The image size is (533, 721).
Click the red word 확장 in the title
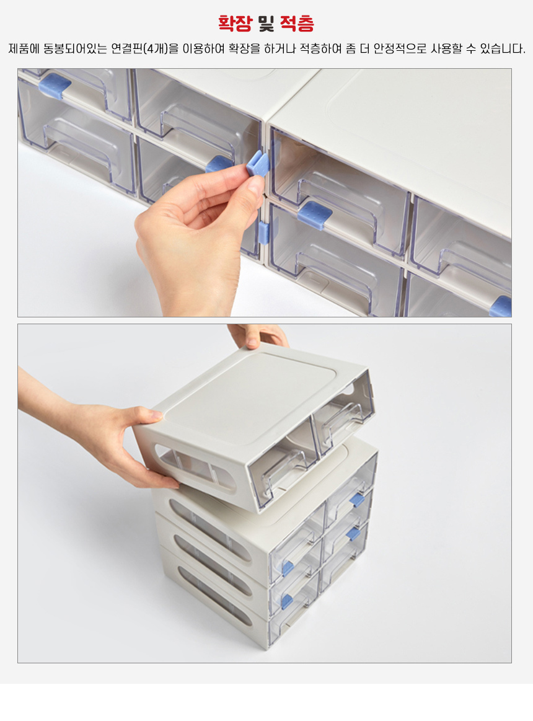(x=235, y=23)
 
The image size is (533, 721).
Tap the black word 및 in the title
(x=266, y=23)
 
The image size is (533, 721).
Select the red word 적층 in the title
(x=297, y=23)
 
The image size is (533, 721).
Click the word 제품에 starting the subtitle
(x=24, y=48)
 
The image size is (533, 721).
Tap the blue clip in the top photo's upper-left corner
(x=55, y=85)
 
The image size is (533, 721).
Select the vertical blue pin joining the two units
(x=263, y=232)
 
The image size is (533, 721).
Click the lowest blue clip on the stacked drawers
(x=286, y=601)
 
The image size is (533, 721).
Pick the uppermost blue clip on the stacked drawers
(x=358, y=500)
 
